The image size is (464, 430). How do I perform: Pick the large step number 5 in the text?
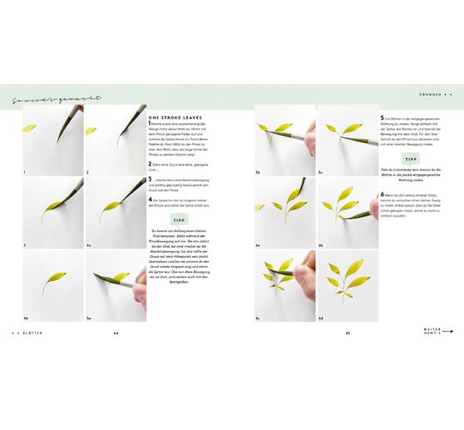pyautogui.click(x=382, y=119)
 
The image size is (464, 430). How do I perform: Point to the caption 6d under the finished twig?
pyautogui.click(x=320, y=318)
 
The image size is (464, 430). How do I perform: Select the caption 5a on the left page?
pyautogui.click(x=89, y=318)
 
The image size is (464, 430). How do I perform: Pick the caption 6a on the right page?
pyautogui.click(x=258, y=245)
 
